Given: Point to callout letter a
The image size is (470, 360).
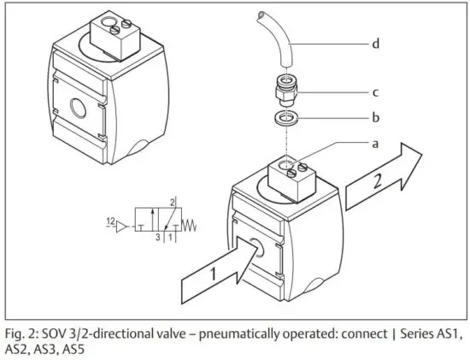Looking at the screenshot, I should click(x=375, y=144).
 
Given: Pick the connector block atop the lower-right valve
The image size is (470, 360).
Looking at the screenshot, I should click(x=291, y=176).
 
